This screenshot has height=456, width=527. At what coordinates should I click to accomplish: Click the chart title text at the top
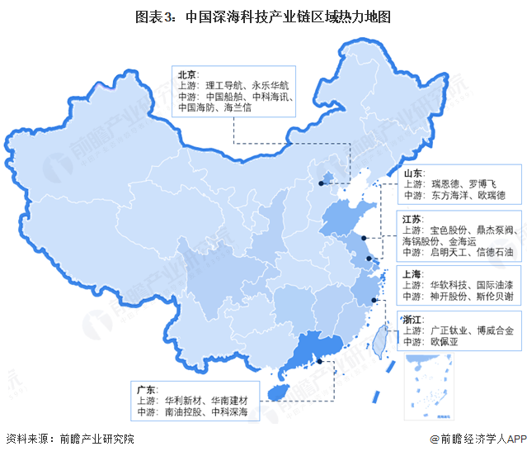click(x=263, y=16)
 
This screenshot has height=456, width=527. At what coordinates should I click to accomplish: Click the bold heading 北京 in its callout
click(x=187, y=73)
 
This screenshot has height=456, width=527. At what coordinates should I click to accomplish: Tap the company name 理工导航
click(x=227, y=84)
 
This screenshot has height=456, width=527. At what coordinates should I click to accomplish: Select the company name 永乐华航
click(x=273, y=84)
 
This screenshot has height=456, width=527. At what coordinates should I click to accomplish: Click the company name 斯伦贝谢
click(x=496, y=296)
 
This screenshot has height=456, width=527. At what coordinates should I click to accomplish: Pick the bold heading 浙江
click(x=414, y=318)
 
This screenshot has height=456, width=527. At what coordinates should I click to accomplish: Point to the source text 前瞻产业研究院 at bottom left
click(x=92, y=439)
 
